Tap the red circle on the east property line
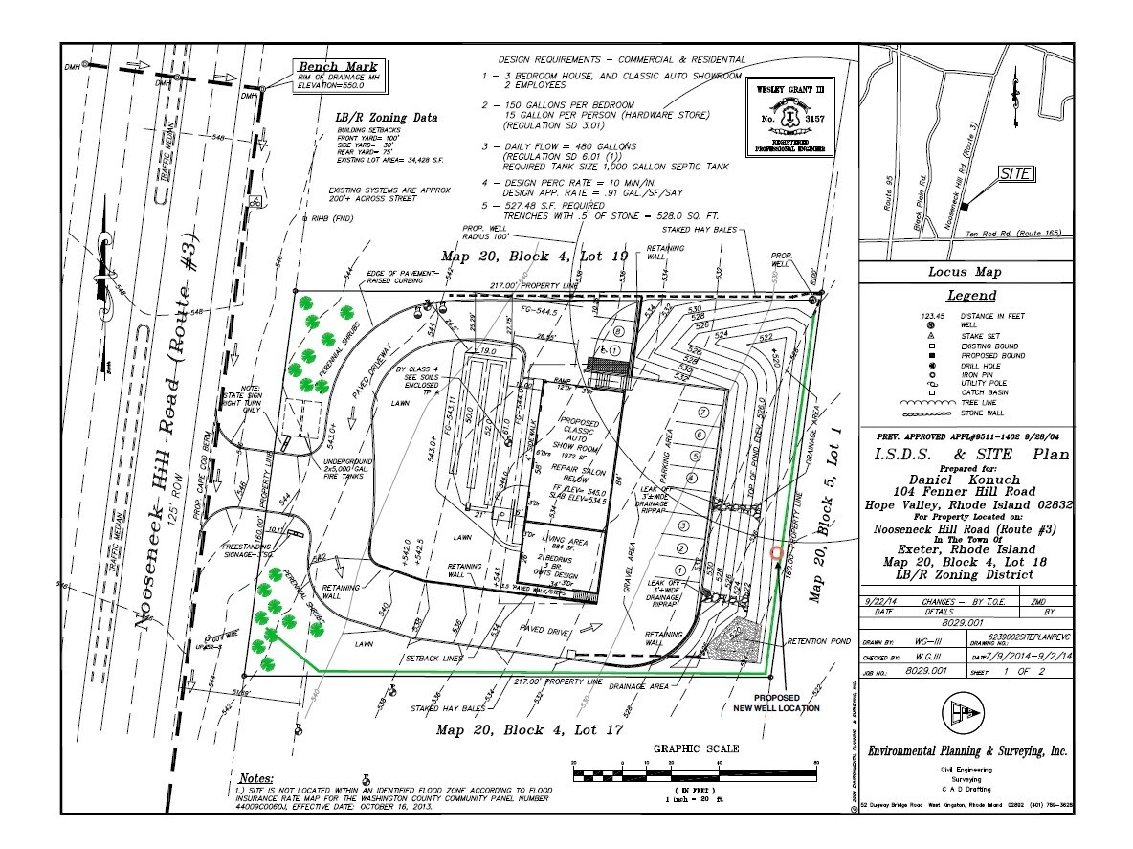click(x=776, y=552)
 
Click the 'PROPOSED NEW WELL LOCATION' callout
click(x=789, y=703)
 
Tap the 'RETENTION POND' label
click(x=819, y=641)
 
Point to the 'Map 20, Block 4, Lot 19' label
click(x=533, y=256)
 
